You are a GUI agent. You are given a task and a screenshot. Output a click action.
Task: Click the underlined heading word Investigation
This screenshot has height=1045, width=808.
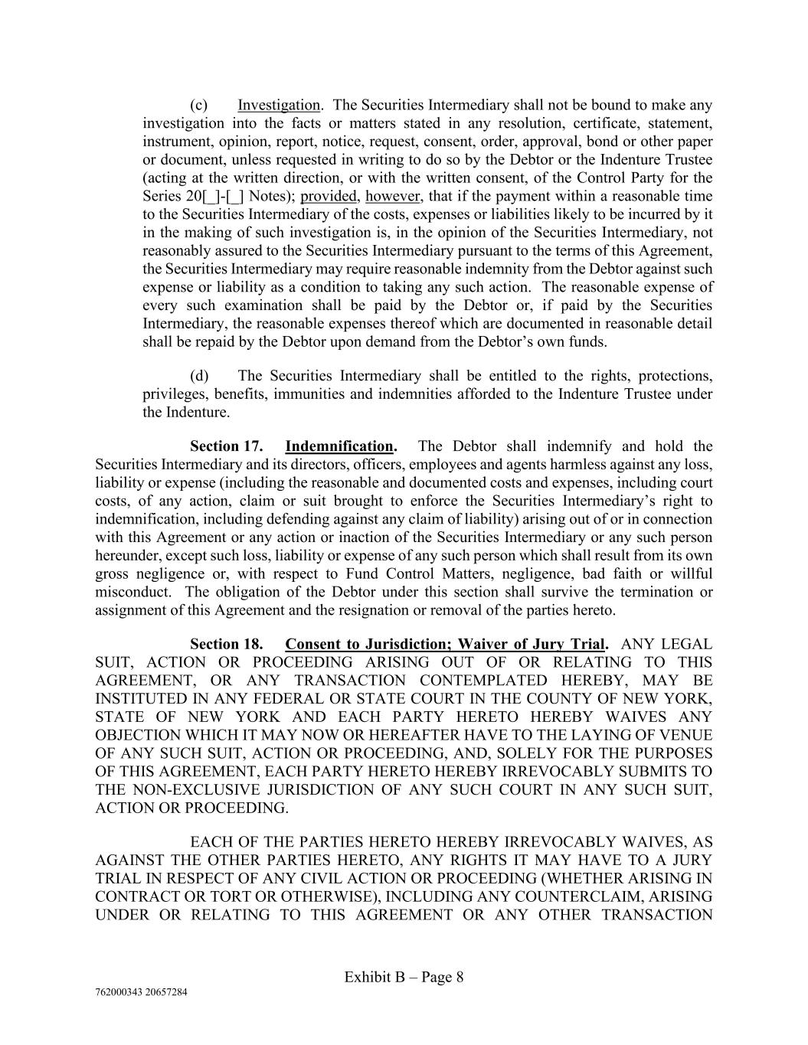tap(279, 105)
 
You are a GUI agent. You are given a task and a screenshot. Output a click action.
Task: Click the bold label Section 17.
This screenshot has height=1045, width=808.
tap(227, 446)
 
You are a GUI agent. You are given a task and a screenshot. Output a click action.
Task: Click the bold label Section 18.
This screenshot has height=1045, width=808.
tap(227, 645)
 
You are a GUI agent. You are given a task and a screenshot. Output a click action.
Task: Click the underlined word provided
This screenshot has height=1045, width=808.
tap(329, 197)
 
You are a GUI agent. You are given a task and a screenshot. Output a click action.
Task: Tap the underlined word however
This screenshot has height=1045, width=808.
tap(393, 197)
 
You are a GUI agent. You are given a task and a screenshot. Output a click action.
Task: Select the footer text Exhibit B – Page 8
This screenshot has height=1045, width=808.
tap(404, 977)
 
